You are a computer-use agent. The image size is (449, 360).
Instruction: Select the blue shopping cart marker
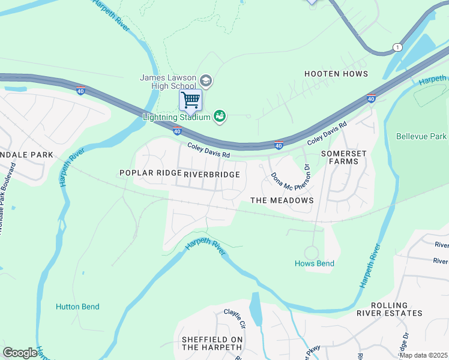pyautogui.click(x=191, y=100)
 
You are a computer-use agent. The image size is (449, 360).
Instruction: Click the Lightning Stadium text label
pyautogui.click(x=176, y=116)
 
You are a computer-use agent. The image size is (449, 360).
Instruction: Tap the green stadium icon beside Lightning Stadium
pyautogui.click(x=220, y=116)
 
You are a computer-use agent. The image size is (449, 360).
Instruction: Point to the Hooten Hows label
pyautogui.click(x=336, y=74)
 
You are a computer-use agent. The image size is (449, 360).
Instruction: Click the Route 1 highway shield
pyautogui.click(x=397, y=47)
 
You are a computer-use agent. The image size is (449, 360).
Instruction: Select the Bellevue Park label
pyautogui.click(x=421, y=137)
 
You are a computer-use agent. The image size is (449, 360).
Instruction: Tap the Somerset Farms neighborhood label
pyautogui.click(x=343, y=158)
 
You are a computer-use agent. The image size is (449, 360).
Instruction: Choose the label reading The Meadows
pyautogui.click(x=282, y=200)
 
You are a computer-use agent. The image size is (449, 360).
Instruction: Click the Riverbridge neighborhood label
pyautogui.click(x=212, y=174)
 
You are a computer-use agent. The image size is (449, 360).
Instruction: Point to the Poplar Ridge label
pyautogui.click(x=150, y=173)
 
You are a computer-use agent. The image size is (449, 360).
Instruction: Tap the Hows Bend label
pyautogui.click(x=314, y=263)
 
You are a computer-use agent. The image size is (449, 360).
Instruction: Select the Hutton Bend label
pyautogui.click(x=77, y=307)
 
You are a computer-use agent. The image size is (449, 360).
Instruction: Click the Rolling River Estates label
pyautogui.click(x=397, y=309)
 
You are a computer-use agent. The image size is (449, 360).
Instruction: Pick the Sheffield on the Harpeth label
pyautogui.click(x=212, y=343)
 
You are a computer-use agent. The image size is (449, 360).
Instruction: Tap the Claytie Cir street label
pyautogui.click(x=235, y=317)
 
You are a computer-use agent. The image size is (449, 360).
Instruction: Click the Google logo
pyautogui.click(x=20, y=353)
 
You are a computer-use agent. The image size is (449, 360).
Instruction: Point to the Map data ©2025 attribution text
pyautogui.click(x=424, y=355)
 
